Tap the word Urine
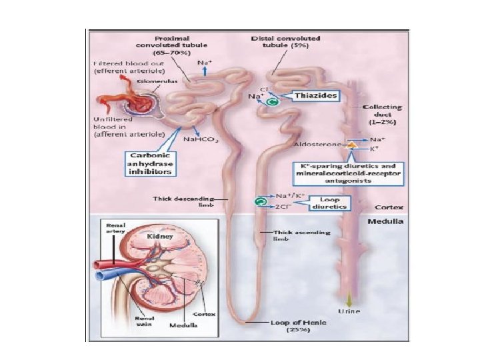[349, 311]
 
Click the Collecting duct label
[382, 116]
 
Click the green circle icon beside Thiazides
[271, 101]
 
